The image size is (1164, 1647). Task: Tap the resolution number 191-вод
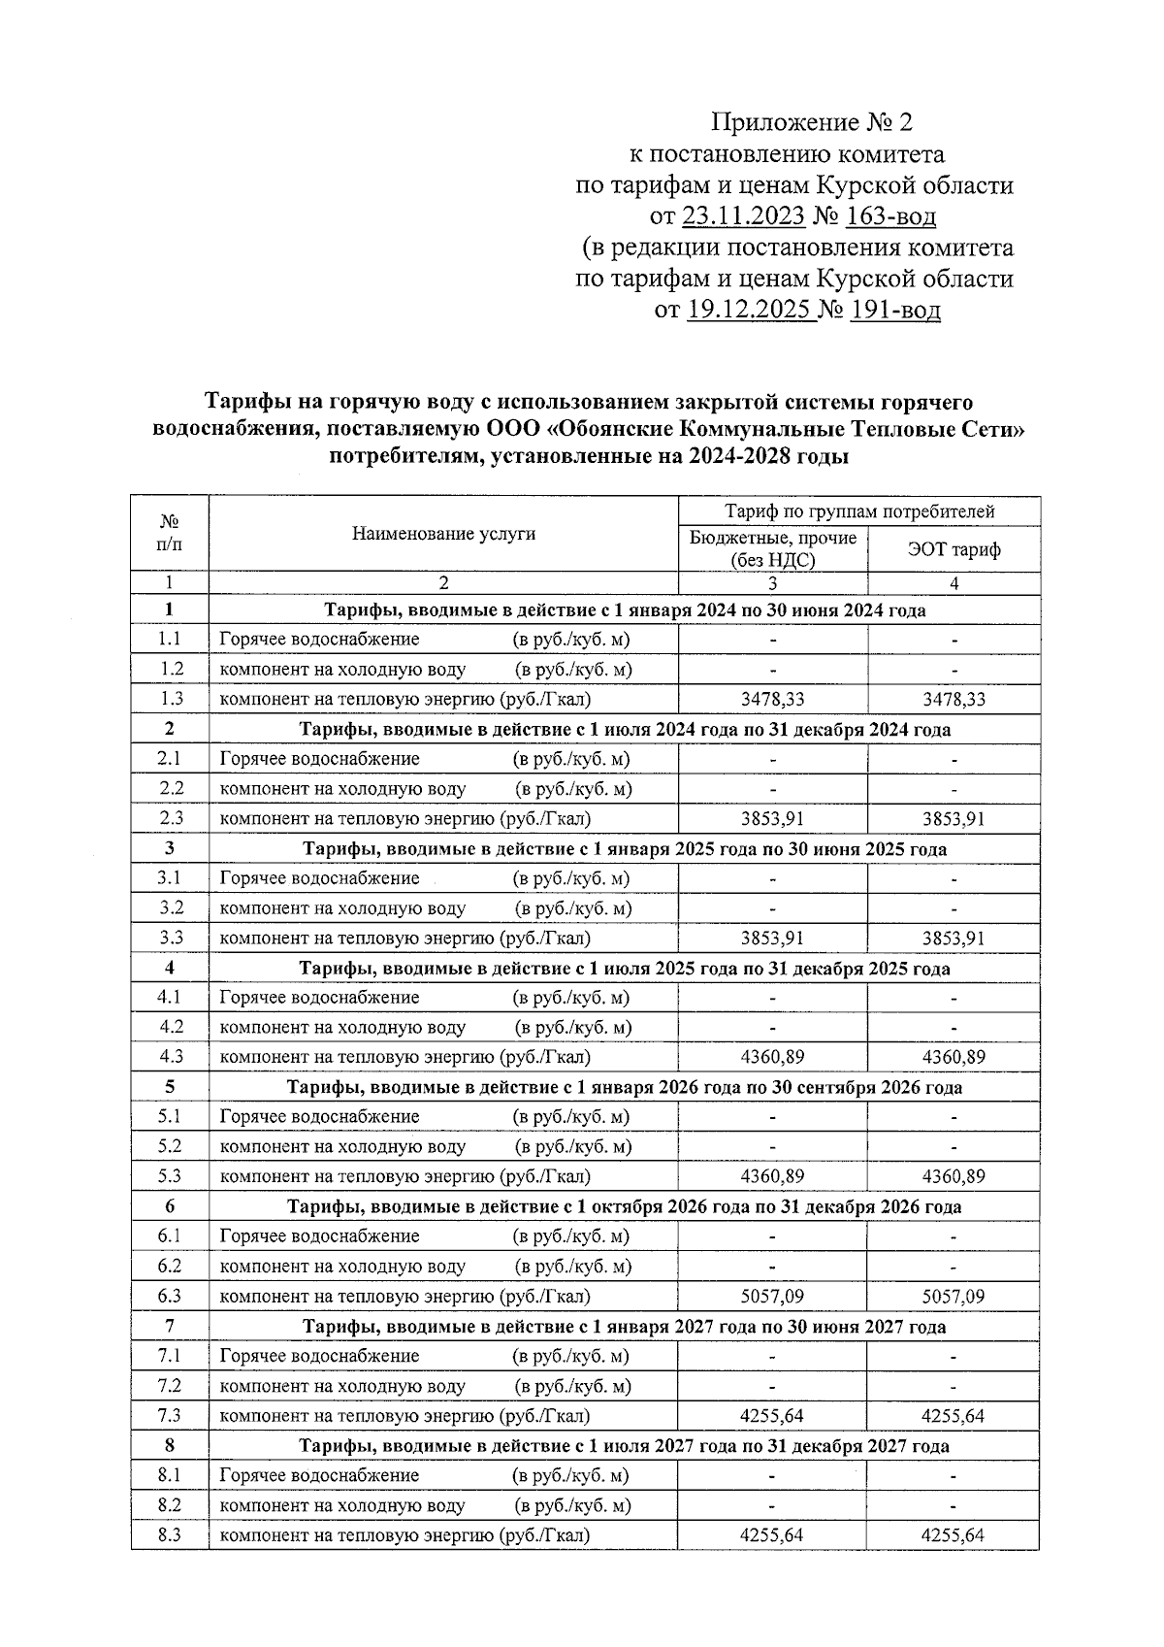[895, 311]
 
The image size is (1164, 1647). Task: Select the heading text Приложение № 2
[812, 123]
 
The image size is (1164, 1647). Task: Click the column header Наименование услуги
[443, 533]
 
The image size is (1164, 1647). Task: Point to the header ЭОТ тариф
[954, 550]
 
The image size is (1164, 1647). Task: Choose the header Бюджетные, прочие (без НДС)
[772, 548]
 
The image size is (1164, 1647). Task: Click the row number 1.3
[171, 699]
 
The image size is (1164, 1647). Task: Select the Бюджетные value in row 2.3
[772, 818]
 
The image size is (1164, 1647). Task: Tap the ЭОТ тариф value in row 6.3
[954, 1297]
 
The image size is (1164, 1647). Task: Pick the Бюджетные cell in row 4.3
[772, 1057]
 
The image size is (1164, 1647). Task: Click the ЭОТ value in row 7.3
[954, 1416]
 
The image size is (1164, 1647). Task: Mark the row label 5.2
[171, 1146]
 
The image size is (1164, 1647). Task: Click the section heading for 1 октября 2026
[624, 1206]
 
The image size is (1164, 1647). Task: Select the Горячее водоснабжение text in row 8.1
[320, 1475]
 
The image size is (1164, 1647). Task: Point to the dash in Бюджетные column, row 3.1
[772, 878]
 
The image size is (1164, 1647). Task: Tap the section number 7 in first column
[171, 1326]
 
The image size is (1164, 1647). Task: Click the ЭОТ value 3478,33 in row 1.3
[954, 699]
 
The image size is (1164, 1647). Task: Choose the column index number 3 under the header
[772, 583]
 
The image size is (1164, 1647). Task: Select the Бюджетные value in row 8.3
[772, 1535]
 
